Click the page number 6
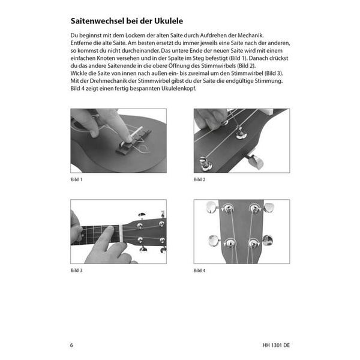73,345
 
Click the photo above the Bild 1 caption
118,140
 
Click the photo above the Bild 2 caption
241,140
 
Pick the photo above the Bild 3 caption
118,232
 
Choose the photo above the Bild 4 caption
241,232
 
